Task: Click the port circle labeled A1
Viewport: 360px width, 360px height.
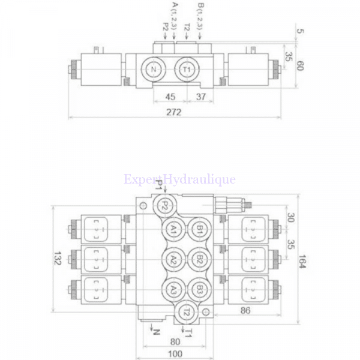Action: pyautogui.click(x=173, y=229)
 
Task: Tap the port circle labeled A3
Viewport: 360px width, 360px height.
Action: pyautogui.click(x=173, y=290)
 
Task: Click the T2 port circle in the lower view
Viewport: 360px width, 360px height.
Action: pyautogui.click(x=186, y=312)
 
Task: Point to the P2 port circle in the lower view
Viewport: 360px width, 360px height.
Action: pyautogui.click(x=165, y=206)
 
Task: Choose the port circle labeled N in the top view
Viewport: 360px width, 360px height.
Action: pyautogui.click(x=154, y=69)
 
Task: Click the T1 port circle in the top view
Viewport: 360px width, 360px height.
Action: pyautogui.click(x=187, y=69)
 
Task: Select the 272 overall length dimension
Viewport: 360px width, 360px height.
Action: pyautogui.click(x=174, y=112)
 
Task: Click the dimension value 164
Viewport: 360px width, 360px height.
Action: pyautogui.click(x=302, y=261)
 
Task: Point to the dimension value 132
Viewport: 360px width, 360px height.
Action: pyautogui.click(x=58, y=258)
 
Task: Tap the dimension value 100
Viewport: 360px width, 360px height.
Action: pyautogui.click(x=175, y=354)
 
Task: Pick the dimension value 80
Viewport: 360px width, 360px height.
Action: pyautogui.click(x=175, y=342)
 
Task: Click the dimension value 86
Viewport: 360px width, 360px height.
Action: pyautogui.click(x=245, y=310)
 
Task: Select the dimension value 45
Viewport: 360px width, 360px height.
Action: pyautogui.click(x=170, y=97)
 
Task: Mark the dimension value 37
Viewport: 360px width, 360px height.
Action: pyautogui.click(x=201, y=97)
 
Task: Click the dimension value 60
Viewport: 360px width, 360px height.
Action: pyautogui.click(x=301, y=65)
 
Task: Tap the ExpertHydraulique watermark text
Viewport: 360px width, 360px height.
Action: pyautogui.click(x=179, y=179)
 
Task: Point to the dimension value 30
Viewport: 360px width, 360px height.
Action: pyautogui.click(x=290, y=218)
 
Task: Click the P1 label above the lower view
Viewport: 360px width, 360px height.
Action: pyautogui.click(x=158, y=185)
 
